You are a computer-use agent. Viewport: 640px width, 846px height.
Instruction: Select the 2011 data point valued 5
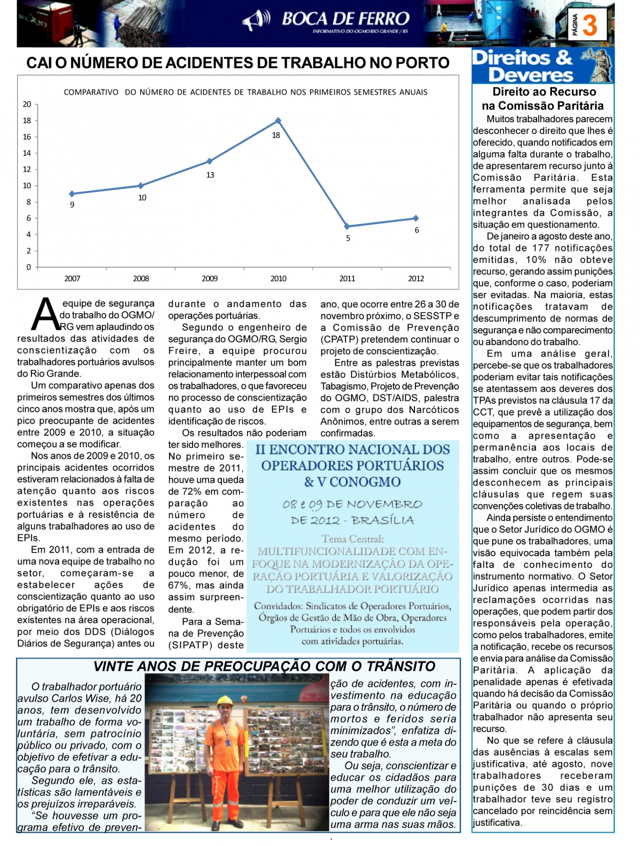[347, 226]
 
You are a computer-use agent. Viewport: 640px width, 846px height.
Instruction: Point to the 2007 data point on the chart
[72, 194]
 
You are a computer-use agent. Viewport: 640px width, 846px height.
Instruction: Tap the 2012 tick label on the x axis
[416, 278]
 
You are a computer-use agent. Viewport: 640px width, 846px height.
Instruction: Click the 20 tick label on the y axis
[27, 105]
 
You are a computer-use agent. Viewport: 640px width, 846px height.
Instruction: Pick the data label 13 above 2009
[210, 175]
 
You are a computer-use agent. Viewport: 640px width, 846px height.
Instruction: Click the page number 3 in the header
[589, 25]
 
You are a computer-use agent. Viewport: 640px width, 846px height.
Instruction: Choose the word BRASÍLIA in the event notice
[382, 520]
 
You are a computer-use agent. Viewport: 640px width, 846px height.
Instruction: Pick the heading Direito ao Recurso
[544, 92]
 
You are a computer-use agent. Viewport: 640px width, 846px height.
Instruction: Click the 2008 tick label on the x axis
[141, 278]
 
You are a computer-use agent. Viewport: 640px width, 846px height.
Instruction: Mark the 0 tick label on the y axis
[29, 267]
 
